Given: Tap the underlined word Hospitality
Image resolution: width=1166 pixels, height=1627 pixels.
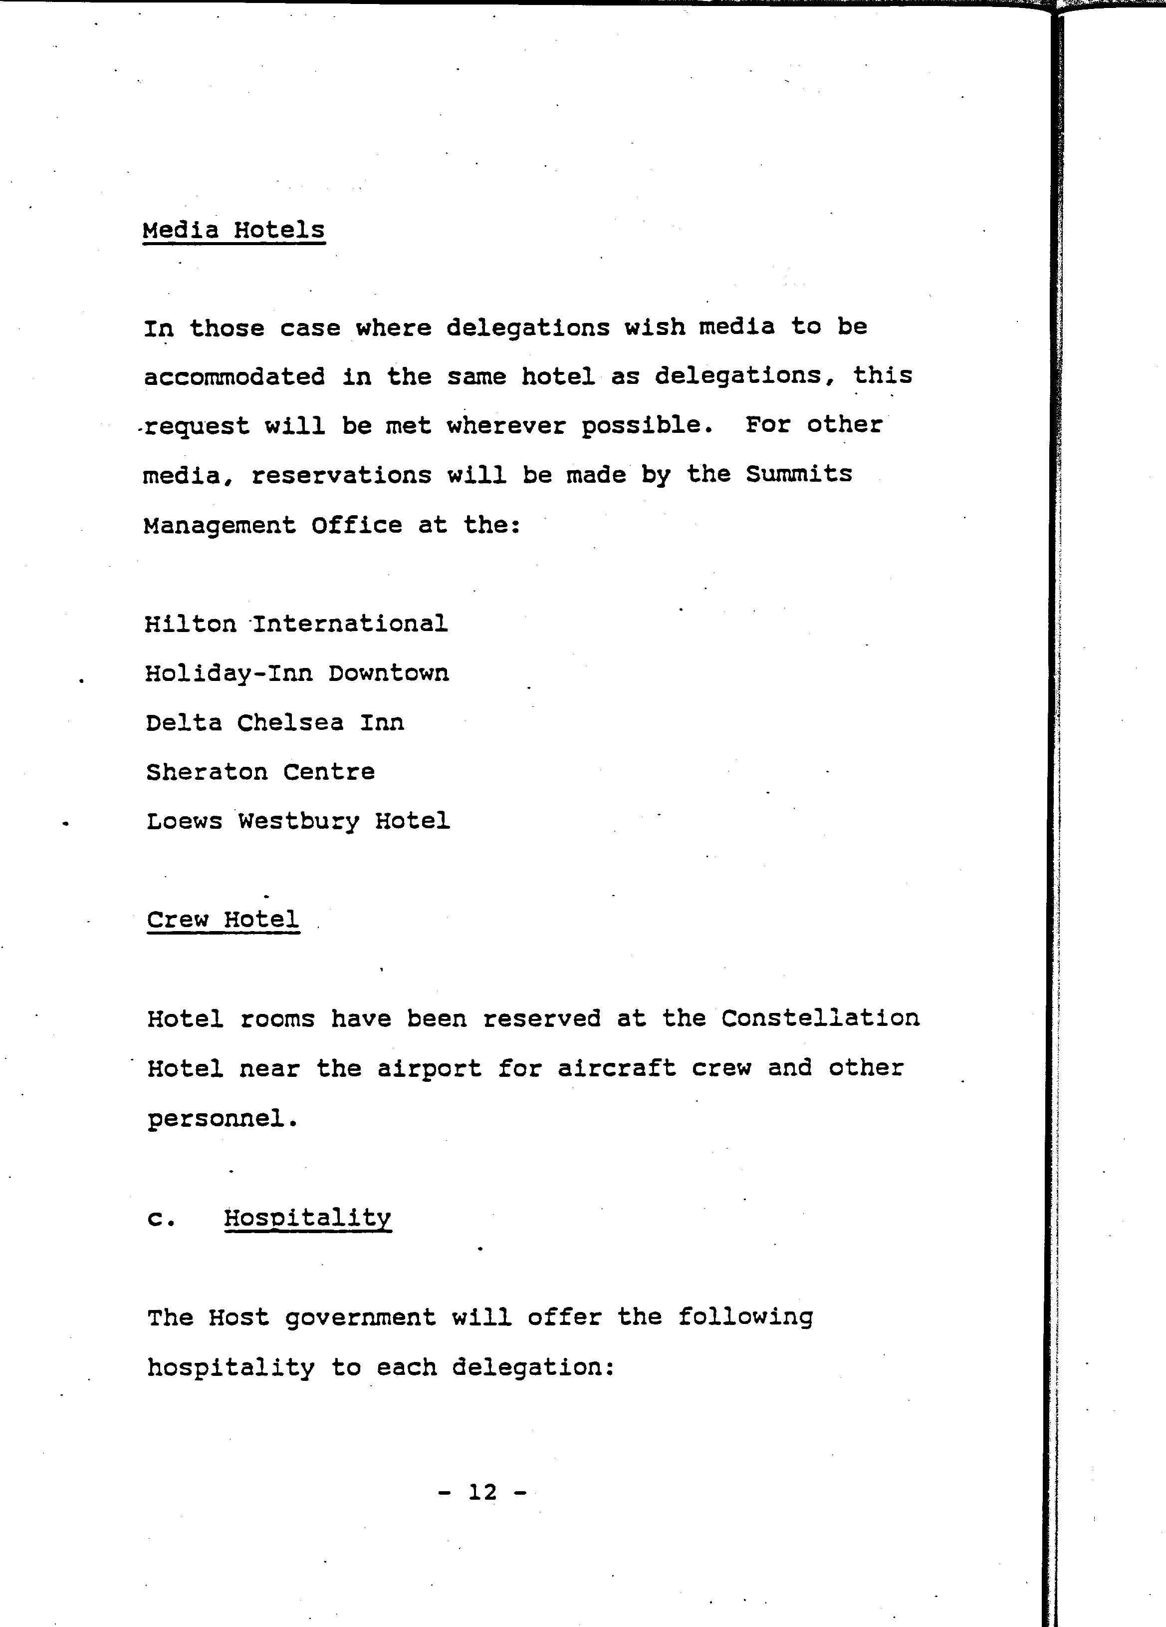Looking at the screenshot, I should [308, 1218].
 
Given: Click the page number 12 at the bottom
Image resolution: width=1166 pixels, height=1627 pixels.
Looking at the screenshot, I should [482, 1492].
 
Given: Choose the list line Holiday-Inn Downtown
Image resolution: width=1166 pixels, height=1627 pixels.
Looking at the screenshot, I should [297, 673].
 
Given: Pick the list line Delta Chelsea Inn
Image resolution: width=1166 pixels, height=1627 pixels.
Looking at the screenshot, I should [274, 722].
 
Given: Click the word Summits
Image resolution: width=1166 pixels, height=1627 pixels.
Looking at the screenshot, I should [799, 474].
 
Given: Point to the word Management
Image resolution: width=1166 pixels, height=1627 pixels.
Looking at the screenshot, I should [220, 525].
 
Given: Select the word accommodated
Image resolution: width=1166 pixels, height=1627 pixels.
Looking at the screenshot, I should [234, 376].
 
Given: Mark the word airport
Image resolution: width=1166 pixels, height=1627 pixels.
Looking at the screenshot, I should [430, 1068].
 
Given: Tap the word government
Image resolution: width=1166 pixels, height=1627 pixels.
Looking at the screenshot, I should [360, 1318].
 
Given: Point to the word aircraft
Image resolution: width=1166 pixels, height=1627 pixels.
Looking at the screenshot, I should [617, 1068].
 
